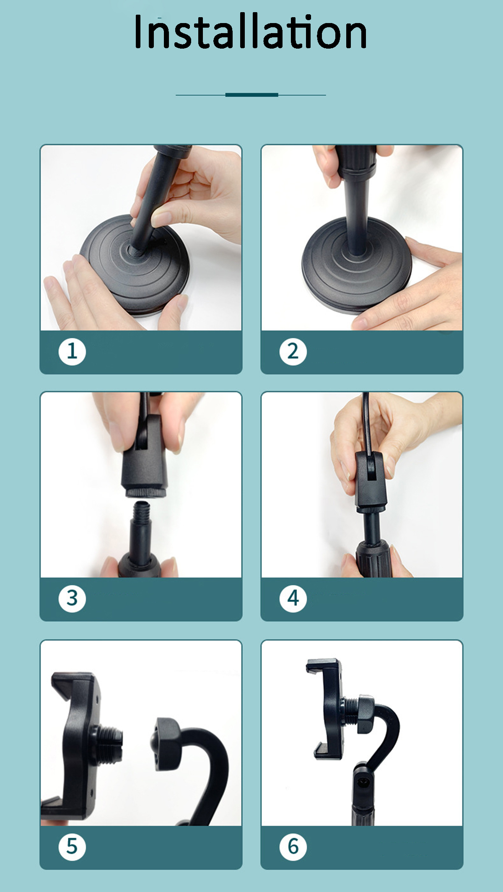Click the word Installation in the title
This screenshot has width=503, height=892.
click(x=251, y=32)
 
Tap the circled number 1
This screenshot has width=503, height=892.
click(x=72, y=351)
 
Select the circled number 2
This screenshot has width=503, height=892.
click(x=293, y=351)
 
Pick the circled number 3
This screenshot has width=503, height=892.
click(x=72, y=598)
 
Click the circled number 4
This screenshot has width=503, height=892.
click(x=293, y=598)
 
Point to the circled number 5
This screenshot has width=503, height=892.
click(x=72, y=846)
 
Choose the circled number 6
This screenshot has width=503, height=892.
click(x=293, y=846)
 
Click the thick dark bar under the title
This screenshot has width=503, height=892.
click(x=252, y=95)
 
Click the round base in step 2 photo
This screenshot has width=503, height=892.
click(x=357, y=268)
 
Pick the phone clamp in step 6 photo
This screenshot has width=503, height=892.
click(x=329, y=708)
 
